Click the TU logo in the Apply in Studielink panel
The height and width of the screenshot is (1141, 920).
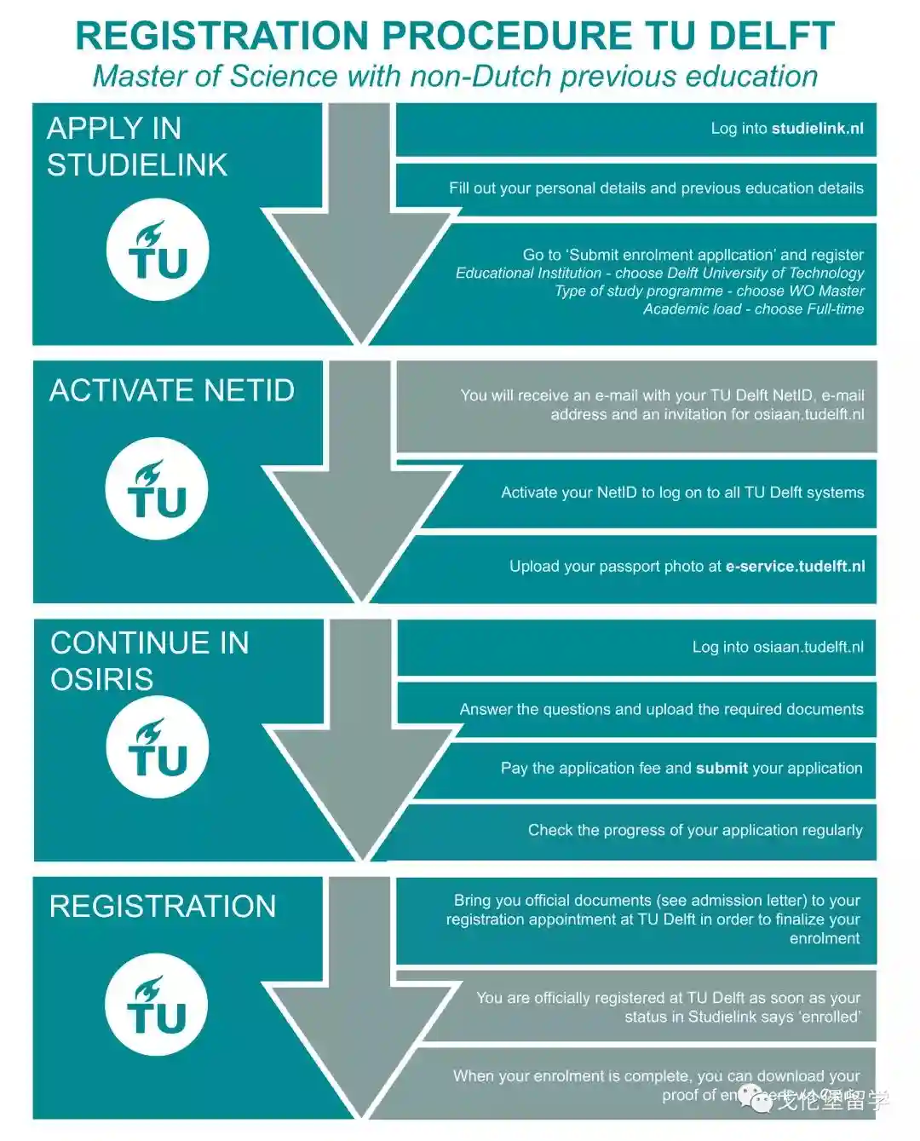(x=158, y=250)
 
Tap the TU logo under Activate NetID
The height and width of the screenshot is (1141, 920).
(x=157, y=489)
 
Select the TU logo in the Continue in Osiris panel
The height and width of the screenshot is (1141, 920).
(x=158, y=747)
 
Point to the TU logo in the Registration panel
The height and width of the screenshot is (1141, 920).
(x=157, y=1006)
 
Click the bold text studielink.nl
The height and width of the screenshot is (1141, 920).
(x=817, y=129)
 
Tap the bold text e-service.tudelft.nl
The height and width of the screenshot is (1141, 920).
(x=795, y=567)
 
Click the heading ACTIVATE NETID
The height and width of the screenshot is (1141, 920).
(x=172, y=390)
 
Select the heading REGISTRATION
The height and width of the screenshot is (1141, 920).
(x=163, y=907)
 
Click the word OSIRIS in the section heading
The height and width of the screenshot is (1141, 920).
(x=102, y=679)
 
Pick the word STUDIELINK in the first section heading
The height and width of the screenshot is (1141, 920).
(x=137, y=165)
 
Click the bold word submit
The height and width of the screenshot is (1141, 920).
(x=722, y=769)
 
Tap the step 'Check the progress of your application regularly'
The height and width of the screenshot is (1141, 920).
(x=694, y=831)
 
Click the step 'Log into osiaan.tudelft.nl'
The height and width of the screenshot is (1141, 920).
(x=777, y=648)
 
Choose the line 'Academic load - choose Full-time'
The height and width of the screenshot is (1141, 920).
(x=753, y=309)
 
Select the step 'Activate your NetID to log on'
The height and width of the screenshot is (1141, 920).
(x=681, y=493)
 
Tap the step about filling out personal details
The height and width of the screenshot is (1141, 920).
(x=655, y=188)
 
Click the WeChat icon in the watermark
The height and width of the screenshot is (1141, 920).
(x=755, y=1098)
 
